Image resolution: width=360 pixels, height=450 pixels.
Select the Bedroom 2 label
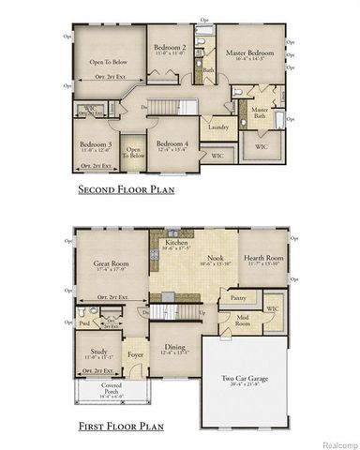(171, 48)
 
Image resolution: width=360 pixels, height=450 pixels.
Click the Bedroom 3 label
(97, 144)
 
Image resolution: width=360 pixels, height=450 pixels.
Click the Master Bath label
(260, 113)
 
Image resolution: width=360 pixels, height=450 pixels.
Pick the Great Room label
(111, 265)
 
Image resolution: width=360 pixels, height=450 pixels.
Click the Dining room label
(174, 349)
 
